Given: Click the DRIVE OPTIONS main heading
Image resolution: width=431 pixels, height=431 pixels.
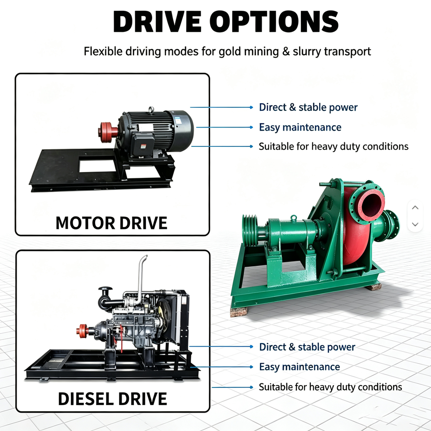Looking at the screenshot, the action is pyautogui.click(x=225, y=22).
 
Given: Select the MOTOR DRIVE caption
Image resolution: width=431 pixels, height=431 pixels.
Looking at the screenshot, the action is pyautogui.click(x=111, y=223).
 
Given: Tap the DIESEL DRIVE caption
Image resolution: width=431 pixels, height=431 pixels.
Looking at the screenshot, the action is pyautogui.click(x=112, y=399).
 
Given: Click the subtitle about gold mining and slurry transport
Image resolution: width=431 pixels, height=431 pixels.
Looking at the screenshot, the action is pyautogui.click(x=227, y=51).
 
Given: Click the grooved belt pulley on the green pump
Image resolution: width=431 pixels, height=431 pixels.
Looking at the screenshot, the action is pyautogui.click(x=249, y=230).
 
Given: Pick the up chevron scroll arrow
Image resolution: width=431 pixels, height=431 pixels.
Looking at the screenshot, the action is pyautogui.click(x=415, y=208).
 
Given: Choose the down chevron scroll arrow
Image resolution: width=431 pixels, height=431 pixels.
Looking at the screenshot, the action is pyautogui.click(x=415, y=224).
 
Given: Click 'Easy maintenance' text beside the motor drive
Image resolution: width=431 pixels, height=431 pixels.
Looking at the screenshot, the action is pyautogui.click(x=300, y=128).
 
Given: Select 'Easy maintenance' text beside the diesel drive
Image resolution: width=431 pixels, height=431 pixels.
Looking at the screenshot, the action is pyautogui.click(x=299, y=367).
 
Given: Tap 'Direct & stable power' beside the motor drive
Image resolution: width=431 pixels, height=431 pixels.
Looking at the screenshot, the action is pyautogui.click(x=308, y=107).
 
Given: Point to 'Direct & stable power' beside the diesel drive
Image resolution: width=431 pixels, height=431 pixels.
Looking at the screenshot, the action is pyautogui.click(x=307, y=347).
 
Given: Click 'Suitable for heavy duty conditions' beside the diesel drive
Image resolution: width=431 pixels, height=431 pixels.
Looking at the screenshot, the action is pyautogui.click(x=330, y=387).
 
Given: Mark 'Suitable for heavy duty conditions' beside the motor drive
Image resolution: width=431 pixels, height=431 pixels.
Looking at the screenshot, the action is pyautogui.click(x=334, y=146).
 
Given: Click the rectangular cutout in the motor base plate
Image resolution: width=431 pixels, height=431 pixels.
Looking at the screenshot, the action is pyautogui.click(x=98, y=167).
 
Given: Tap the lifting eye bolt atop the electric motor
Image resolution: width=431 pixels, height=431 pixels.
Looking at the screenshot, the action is pyautogui.click(x=151, y=110).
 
